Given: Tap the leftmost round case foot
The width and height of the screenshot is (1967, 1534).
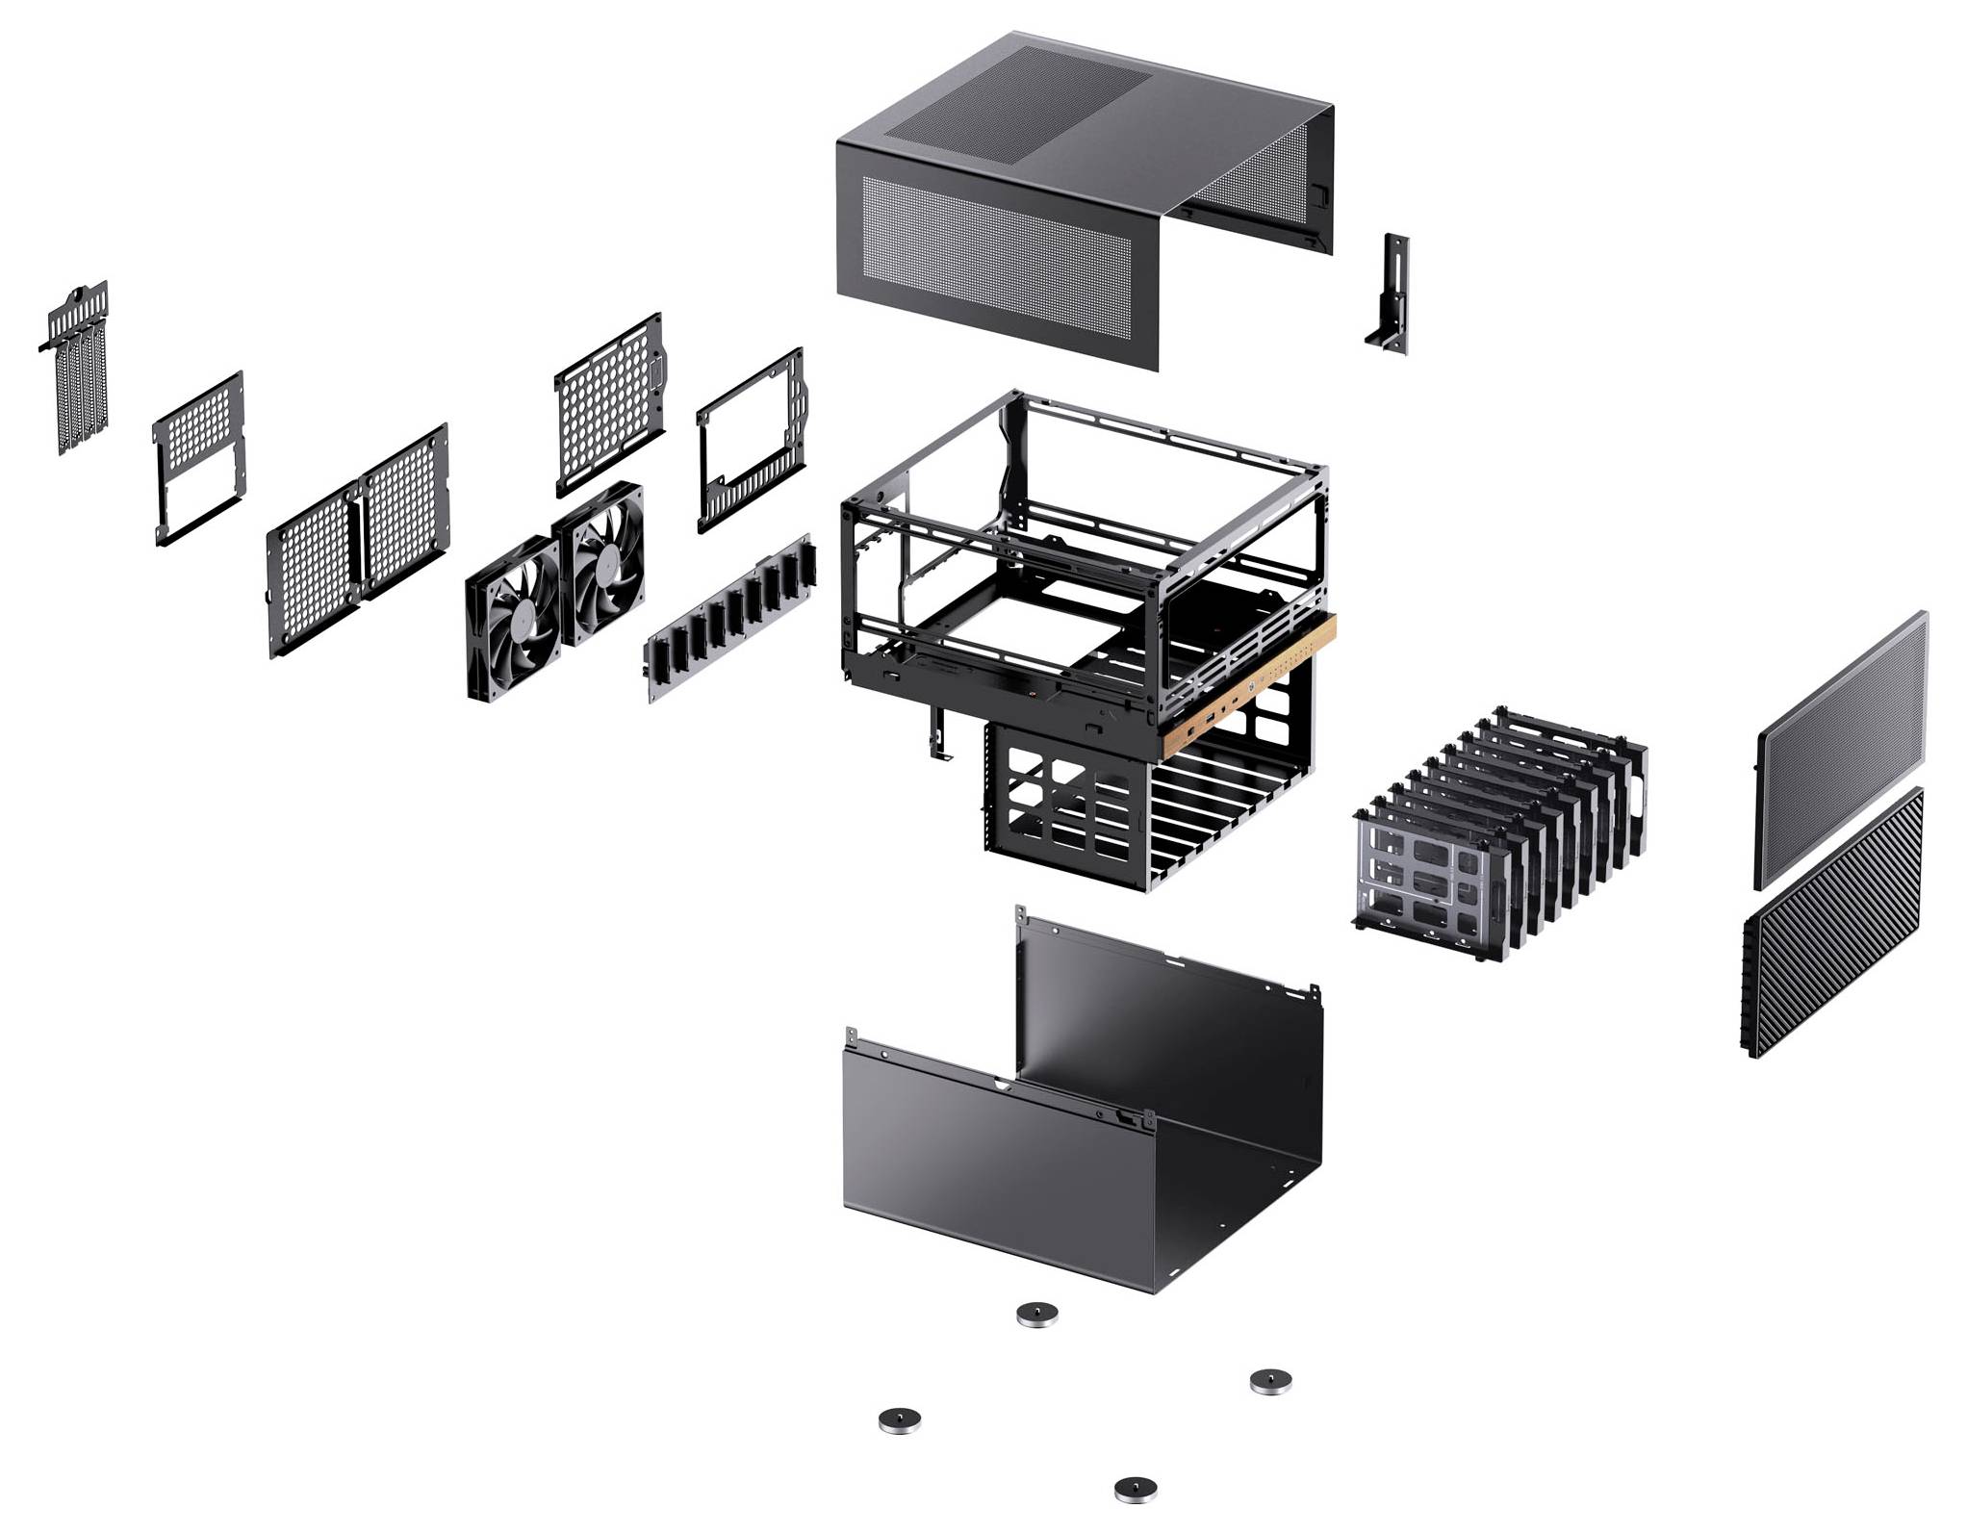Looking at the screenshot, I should point(899,1419).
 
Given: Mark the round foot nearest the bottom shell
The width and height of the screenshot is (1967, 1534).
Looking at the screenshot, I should point(1037,1314).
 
